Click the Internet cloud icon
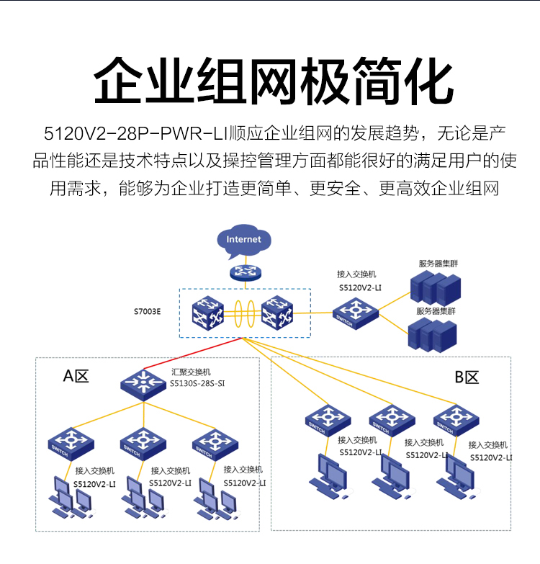243,241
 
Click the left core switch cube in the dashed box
209,313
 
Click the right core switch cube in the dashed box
277,313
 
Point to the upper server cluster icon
434,287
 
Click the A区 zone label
76,375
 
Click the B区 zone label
467,377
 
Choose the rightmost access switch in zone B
456,420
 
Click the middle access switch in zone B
392,420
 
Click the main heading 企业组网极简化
269,81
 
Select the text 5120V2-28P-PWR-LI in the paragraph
135,133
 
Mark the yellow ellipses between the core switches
243,313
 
